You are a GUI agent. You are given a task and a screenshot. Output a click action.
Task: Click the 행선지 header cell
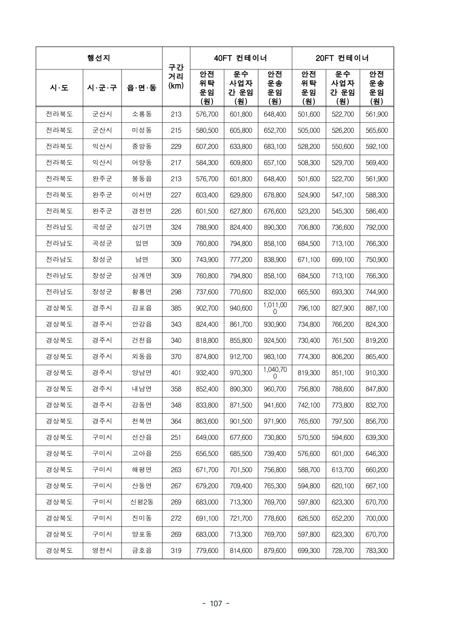click(99, 58)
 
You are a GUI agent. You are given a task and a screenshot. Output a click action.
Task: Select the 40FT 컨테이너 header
click(240, 58)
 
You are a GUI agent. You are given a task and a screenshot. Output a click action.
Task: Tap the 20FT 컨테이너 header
click(343, 58)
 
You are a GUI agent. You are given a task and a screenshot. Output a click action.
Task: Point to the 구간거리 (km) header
click(176, 77)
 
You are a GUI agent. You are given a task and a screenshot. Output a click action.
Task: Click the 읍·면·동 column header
click(142, 88)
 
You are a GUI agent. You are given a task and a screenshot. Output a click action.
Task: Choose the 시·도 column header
click(59, 88)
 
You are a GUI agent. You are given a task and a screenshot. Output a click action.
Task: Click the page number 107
click(216, 604)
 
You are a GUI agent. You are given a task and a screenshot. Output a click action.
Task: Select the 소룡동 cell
click(142, 114)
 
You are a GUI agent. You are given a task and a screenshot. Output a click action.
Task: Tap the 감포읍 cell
click(142, 308)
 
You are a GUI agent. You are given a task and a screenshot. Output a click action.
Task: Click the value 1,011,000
click(275, 308)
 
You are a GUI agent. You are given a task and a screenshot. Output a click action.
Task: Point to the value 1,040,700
click(275, 373)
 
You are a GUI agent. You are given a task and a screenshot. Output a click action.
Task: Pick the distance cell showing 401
click(176, 373)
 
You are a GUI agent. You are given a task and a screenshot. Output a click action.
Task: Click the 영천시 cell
click(102, 550)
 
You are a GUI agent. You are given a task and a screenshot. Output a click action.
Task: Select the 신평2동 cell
click(142, 502)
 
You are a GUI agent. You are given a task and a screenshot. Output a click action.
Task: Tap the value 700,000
click(376, 518)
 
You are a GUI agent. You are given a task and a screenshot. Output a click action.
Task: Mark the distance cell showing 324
click(176, 227)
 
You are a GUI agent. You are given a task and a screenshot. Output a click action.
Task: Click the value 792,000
click(376, 227)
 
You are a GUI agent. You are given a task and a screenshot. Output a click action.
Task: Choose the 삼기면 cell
click(142, 227)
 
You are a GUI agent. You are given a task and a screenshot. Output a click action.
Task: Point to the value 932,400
click(207, 373)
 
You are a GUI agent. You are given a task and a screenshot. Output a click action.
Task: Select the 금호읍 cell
click(142, 550)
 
